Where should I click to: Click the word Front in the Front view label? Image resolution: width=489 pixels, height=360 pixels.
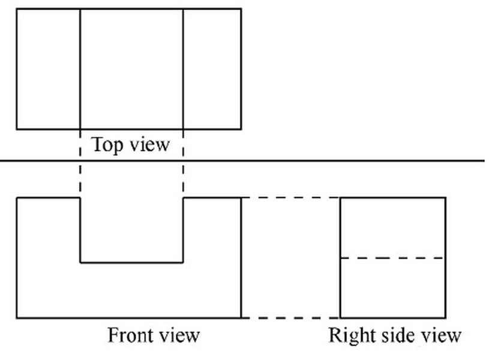(128, 334)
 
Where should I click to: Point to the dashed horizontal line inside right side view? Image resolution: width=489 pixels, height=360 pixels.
(393, 258)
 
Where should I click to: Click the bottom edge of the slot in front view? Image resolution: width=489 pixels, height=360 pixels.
(131, 262)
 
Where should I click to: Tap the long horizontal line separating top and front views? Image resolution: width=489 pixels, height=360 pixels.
(360, 161)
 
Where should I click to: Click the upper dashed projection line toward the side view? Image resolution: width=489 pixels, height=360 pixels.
(291, 197)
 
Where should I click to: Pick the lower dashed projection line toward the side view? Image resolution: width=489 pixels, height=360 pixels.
(291, 317)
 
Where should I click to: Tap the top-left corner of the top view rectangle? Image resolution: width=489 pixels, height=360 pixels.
(16, 8)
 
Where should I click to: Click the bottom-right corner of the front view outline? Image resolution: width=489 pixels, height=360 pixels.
(241, 317)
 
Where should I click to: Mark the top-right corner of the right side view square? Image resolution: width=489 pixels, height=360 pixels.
(446, 197)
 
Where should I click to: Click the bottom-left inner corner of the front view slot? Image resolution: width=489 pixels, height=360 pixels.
(80, 262)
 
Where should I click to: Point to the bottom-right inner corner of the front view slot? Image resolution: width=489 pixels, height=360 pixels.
(183, 262)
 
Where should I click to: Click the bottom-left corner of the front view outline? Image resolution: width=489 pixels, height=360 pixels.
(16, 317)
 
